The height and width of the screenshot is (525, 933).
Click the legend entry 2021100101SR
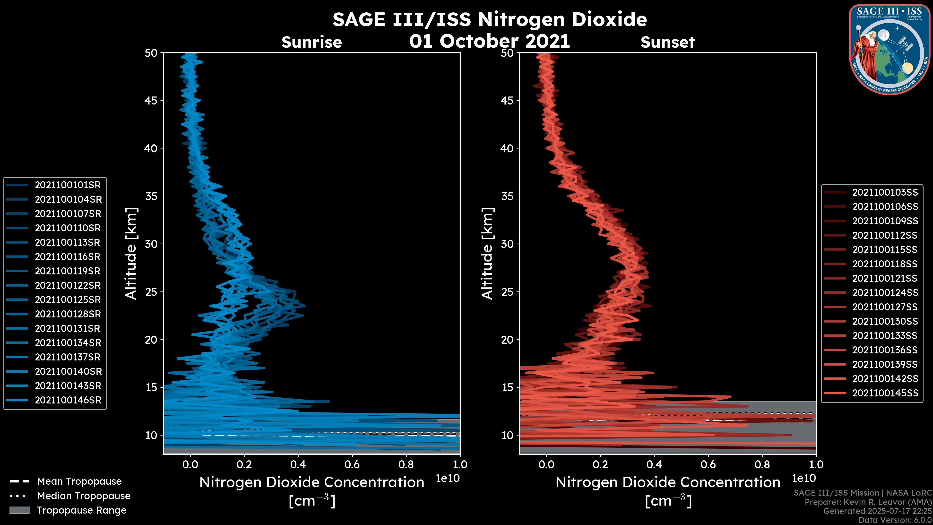(x=68, y=185)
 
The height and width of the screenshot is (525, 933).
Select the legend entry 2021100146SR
(x=68, y=400)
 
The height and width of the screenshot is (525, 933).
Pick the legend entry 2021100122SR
(x=68, y=286)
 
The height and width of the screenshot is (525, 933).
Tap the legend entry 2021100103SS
(x=885, y=192)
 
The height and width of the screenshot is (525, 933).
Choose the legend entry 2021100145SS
(x=885, y=393)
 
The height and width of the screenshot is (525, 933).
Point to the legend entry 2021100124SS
(x=885, y=293)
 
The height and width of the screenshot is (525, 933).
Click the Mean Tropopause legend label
(x=79, y=481)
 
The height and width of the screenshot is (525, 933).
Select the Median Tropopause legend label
(x=84, y=496)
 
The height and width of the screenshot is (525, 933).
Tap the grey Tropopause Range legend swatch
(x=19, y=510)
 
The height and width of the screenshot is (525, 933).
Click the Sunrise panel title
(x=311, y=42)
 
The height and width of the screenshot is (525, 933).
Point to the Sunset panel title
(x=667, y=42)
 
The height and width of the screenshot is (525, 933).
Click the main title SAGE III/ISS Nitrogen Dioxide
(x=489, y=19)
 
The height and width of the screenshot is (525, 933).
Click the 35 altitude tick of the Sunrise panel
(x=151, y=196)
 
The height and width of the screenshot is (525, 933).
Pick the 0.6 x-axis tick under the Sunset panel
(x=708, y=464)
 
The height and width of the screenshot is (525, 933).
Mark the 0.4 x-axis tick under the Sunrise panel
(x=298, y=464)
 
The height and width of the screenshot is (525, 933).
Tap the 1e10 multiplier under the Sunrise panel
(x=448, y=478)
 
